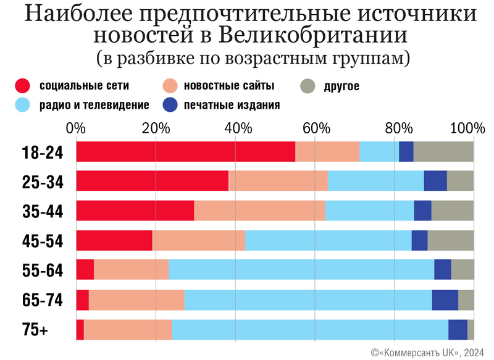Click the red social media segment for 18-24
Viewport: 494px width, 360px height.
185,151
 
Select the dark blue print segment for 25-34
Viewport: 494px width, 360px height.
435,180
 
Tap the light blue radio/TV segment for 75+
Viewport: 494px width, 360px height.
310,330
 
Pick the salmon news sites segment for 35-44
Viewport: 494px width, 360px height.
259,211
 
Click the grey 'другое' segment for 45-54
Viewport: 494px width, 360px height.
451,240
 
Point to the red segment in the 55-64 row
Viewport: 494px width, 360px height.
85,270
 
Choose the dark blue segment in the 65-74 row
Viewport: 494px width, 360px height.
445,300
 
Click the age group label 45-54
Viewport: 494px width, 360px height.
43,241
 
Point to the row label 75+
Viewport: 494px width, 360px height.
35,330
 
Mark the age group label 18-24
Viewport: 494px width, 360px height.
43,152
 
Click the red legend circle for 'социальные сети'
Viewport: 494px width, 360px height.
23,86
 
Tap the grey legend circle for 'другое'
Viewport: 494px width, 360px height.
308,86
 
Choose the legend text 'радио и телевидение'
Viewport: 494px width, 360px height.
94,105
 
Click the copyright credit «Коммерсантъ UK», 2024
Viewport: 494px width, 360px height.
427,352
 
